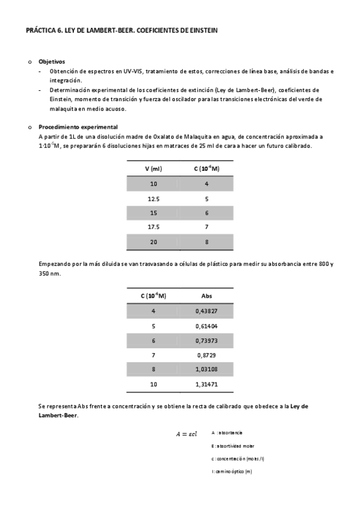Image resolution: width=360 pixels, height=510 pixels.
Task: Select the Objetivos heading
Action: coord(52,62)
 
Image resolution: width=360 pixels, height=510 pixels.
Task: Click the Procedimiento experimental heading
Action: coord(78,127)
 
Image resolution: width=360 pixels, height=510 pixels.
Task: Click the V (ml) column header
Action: coord(154,168)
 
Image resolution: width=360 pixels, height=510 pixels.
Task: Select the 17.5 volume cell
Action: coord(154,227)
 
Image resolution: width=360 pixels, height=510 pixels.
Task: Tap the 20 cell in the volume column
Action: coord(154,242)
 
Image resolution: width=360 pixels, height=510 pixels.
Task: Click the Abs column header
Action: coord(206,296)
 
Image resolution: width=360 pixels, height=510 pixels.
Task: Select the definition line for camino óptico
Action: coord(232,472)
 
